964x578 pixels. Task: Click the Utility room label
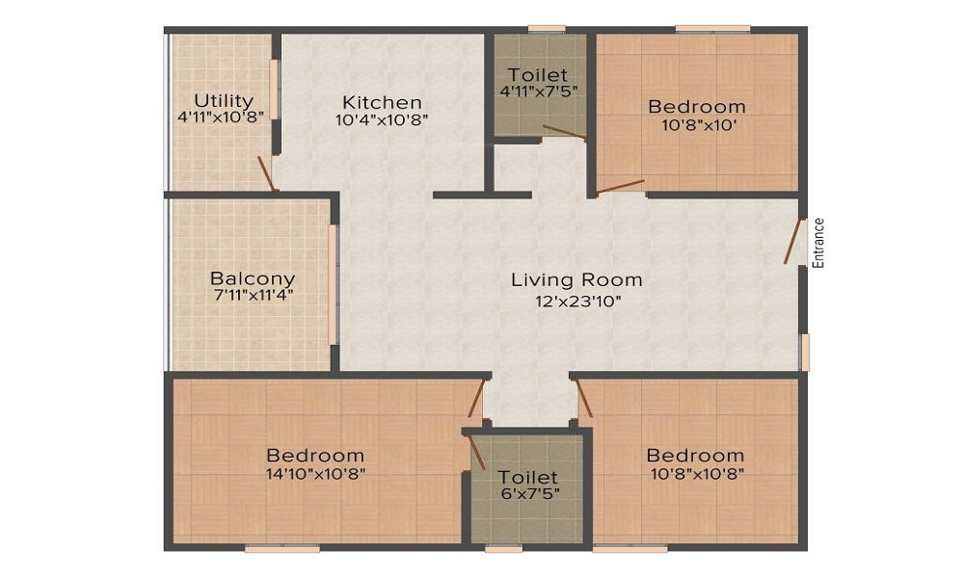click(x=224, y=100)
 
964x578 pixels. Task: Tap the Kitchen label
click(x=383, y=102)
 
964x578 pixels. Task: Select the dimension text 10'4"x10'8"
click(x=383, y=119)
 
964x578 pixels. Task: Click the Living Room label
click(x=576, y=280)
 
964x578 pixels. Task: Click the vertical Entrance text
click(x=818, y=243)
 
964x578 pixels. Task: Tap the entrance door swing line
click(x=795, y=242)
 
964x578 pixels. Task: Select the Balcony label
click(x=252, y=279)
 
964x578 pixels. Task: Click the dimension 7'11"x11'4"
click(x=252, y=296)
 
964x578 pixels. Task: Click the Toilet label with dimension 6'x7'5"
click(x=527, y=477)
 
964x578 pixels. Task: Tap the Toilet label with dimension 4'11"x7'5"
click(x=538, y=75)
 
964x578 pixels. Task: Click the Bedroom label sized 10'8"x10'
click(x=696, y=106)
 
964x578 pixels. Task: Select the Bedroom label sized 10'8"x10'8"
click(x=695, y=455)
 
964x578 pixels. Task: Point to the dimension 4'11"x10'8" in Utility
click(x=224, y=118)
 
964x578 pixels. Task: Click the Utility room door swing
click(x=264, y=172)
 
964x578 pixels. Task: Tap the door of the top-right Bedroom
click(x=620, y=187)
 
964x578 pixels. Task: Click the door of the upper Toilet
click(x=564, y=133)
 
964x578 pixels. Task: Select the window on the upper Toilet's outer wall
click(x=547, y=28)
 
